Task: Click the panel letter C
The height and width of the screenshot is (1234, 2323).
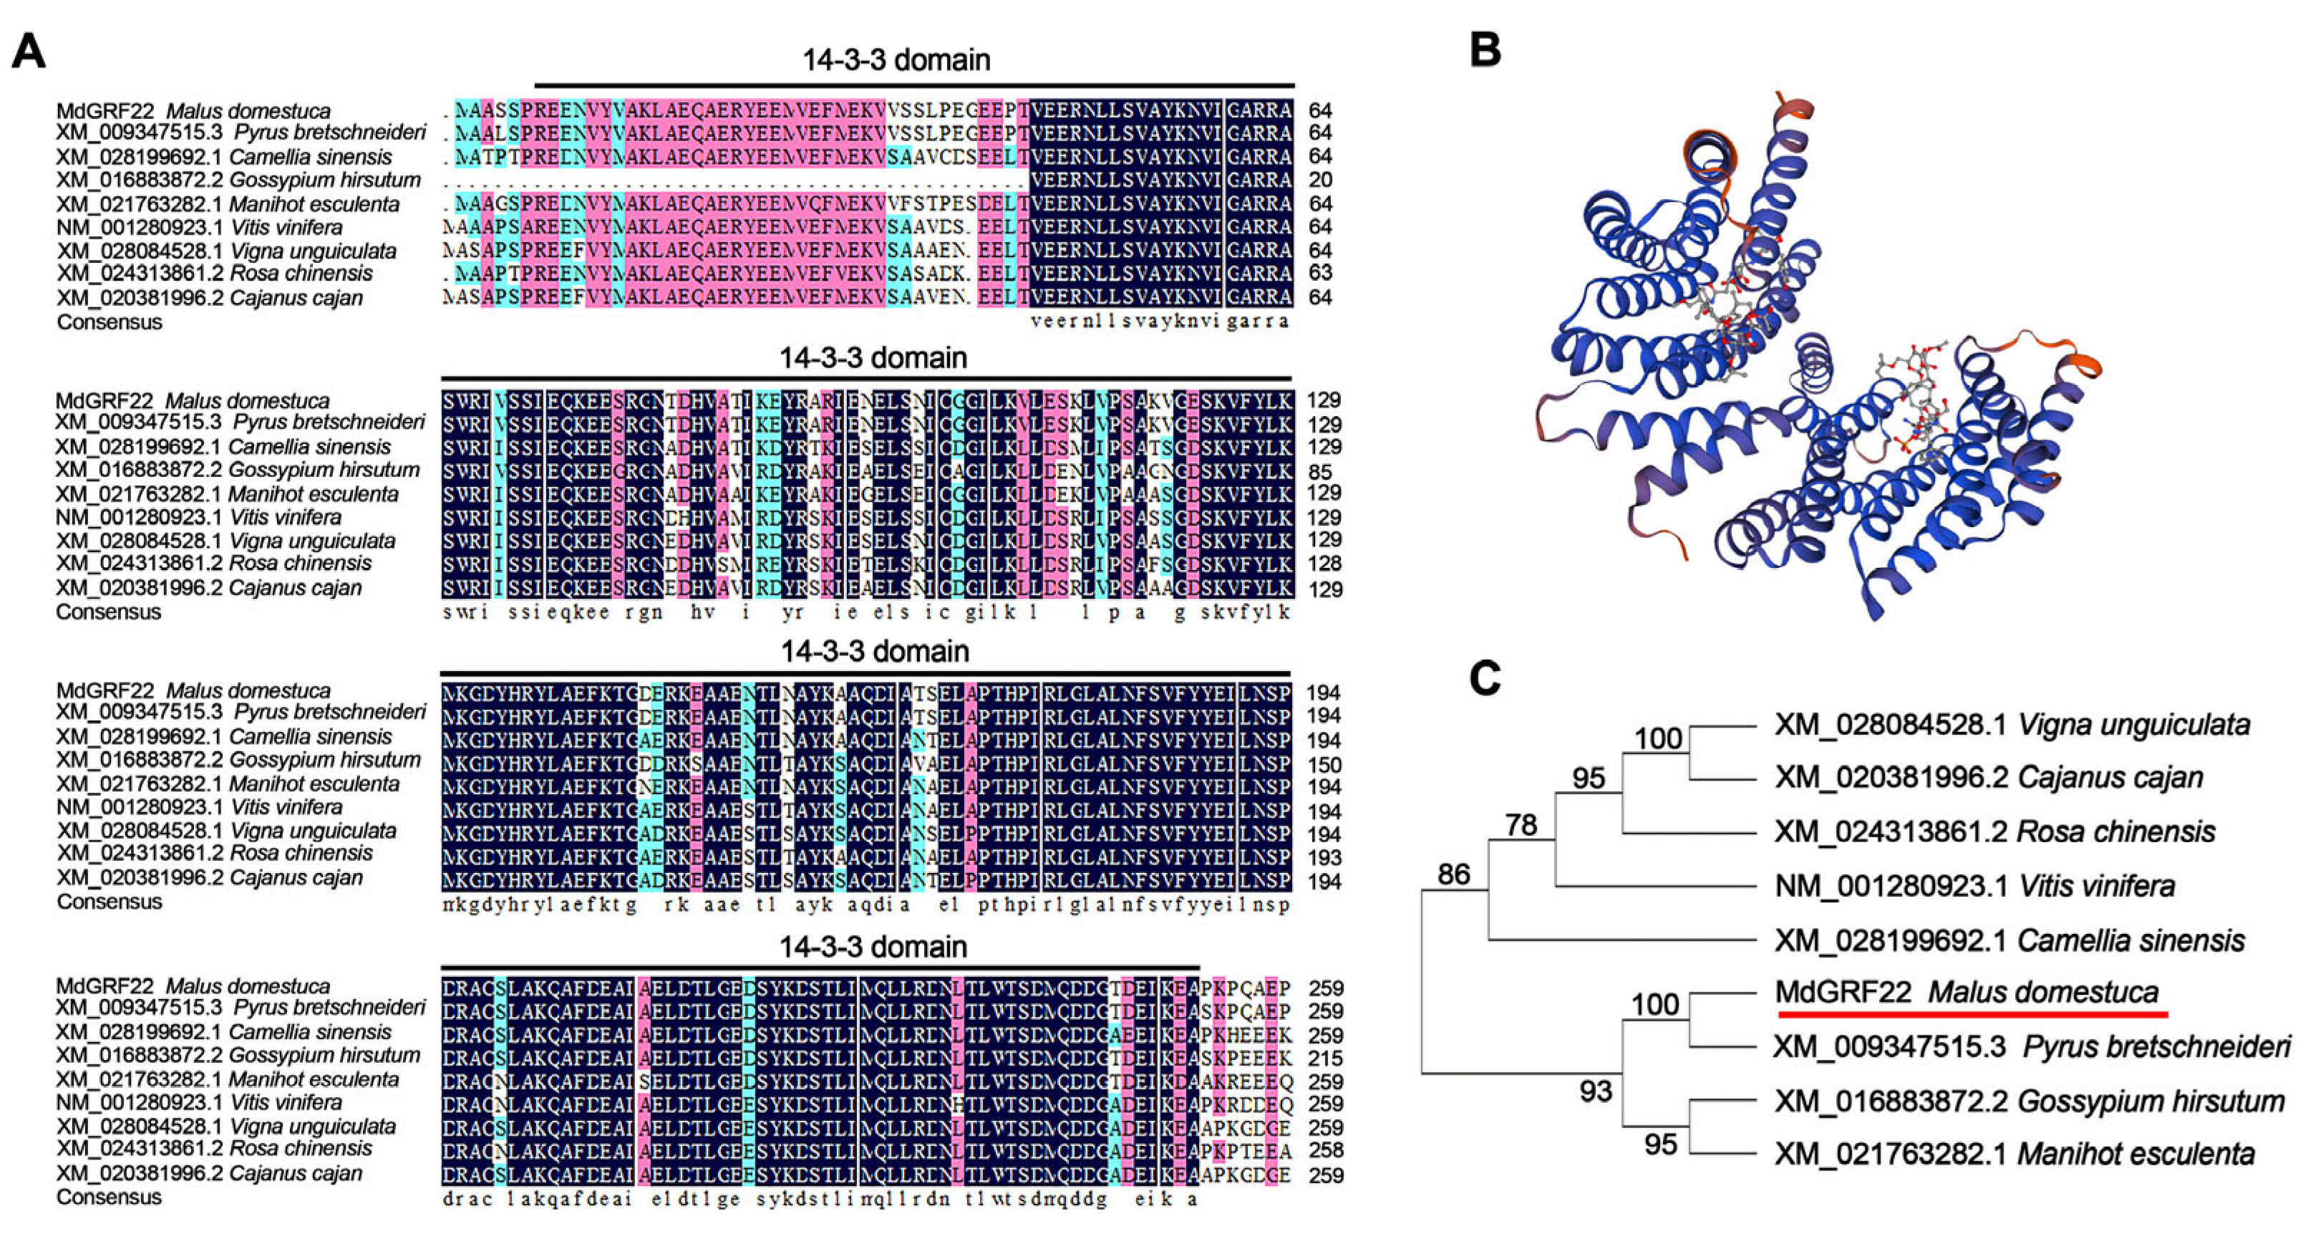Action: tap(1484, 678)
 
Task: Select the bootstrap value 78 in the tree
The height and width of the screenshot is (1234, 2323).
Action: tap(1521, 824)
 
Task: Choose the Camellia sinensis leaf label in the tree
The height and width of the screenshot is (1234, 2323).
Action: tap(2009, 940)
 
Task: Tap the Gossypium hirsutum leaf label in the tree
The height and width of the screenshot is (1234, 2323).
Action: tap(2029, 1101)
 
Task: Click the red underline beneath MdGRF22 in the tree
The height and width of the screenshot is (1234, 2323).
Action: tap(1972, 1014)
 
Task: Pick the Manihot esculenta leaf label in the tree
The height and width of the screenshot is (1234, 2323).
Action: tap(2014, 1154)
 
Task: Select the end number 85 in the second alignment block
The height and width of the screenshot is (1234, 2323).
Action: tap(1320, 471)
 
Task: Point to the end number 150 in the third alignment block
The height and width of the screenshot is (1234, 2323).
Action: tap(1324, 764)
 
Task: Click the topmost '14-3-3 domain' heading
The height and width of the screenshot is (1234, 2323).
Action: tap(896, 60)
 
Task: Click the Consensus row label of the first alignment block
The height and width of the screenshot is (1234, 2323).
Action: tap(109, 322)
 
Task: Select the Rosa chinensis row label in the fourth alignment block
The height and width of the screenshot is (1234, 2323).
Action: tap(214, 1148)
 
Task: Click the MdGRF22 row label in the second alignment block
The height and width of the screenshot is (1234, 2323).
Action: tap(192, 400)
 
